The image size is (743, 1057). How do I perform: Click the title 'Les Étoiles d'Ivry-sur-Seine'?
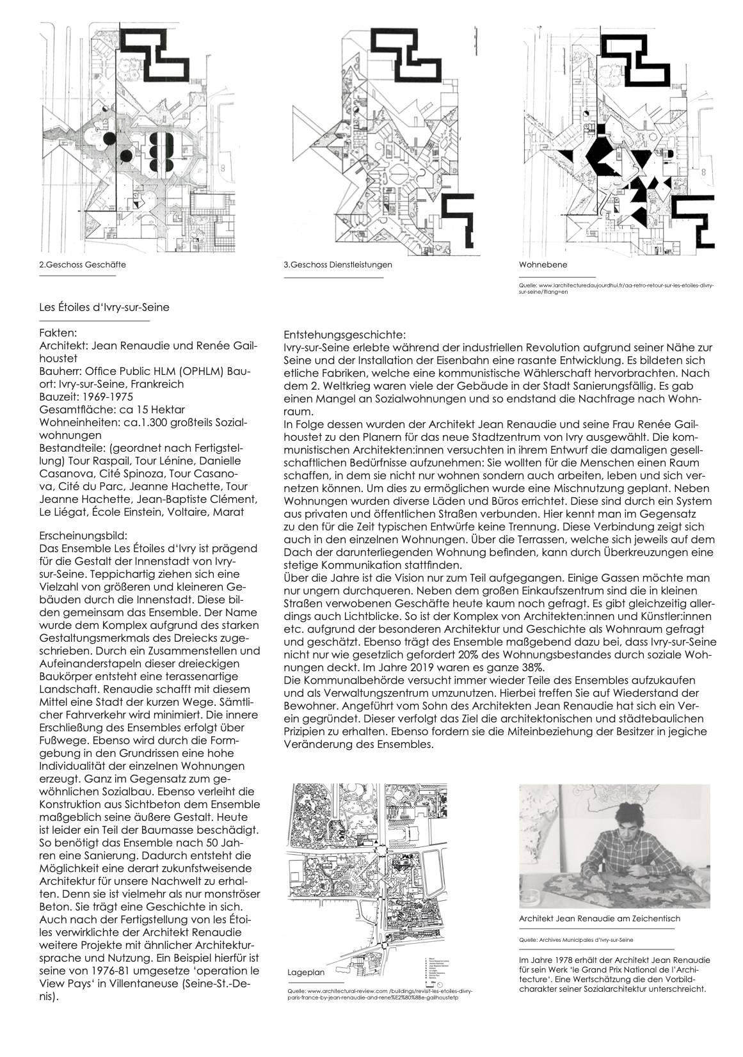(104, 307)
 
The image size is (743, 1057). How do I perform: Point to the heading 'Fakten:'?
(58, 333)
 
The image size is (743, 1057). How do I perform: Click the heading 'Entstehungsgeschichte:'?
(343, 335)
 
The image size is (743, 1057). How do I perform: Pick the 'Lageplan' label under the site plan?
(307, 990)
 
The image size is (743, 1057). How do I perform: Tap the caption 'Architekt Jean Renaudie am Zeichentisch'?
(599, 918)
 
